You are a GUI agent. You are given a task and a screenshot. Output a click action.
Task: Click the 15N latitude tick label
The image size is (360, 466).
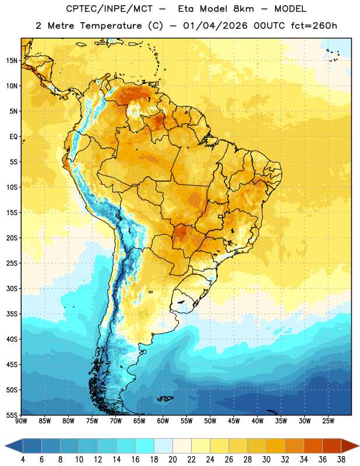pos(12,61)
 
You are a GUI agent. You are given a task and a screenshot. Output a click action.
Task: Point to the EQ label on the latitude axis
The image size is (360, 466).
pos(13,137)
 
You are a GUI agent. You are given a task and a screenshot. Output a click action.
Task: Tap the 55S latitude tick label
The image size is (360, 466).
pos(12,415)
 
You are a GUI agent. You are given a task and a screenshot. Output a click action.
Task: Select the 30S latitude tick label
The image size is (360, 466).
pos(12,288)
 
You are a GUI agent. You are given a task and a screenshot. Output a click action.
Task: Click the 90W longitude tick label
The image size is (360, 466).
pos(21,421)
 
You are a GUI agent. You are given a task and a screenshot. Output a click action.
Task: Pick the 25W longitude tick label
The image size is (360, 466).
pos(328,421)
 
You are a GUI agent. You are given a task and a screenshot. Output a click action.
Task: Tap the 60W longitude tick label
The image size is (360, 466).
pos(163,421)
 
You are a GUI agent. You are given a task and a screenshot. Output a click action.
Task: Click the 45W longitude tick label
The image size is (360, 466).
pos(234,421)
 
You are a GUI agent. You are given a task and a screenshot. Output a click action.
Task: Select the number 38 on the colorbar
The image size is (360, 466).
pos(341,460)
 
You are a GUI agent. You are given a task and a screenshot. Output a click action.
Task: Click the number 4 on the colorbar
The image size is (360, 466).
pos(23,460)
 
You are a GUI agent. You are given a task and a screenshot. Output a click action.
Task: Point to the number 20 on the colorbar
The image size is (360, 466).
pos(172,460)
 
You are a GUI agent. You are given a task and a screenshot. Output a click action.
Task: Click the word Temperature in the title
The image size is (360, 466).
pos(111,26)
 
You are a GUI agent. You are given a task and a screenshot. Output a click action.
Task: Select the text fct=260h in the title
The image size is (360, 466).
pos(314,26)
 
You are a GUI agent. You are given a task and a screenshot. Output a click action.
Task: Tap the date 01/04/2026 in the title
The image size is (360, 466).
pos(215,26)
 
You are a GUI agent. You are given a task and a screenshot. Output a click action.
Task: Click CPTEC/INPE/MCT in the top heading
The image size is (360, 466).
pos(110,9)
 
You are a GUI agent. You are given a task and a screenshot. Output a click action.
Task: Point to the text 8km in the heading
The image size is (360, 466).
pos(243,9)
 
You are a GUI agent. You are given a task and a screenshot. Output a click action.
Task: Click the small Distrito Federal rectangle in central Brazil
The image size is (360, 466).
pos(221,217)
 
